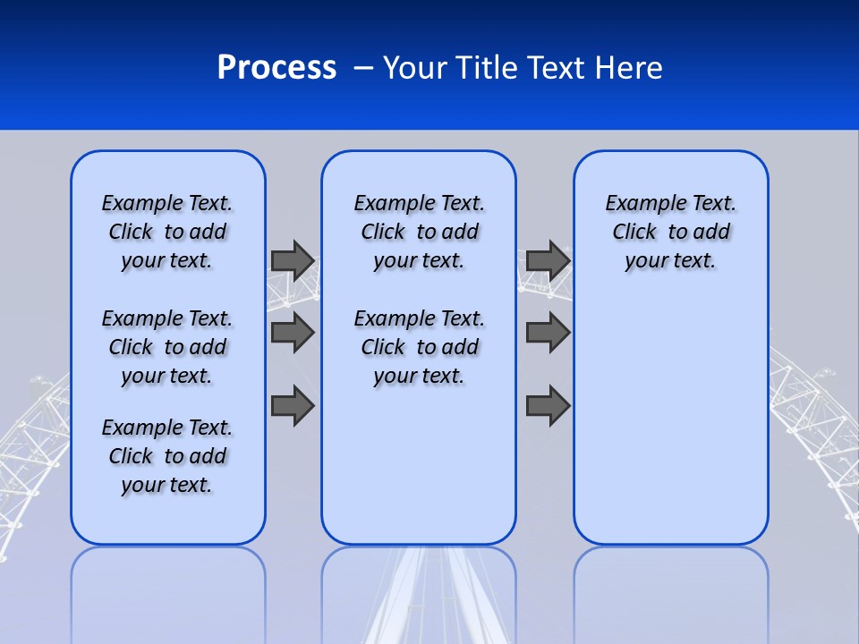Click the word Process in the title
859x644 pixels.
click(276, 68)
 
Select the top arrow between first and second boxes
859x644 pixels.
click(293, 260)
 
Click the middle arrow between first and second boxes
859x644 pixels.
click(293, 333)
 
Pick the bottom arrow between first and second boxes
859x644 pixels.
click(293, 406)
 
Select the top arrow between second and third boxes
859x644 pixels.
click(548, 260)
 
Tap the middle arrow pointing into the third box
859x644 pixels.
click(548, 333)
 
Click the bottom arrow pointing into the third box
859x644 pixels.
click(548, 406)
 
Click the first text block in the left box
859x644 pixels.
click(167, 232)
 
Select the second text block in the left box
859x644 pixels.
click(167, 347)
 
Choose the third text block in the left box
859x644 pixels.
click(167, 456)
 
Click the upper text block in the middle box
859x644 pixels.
click(420, 232)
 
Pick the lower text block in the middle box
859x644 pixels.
click(420, 347)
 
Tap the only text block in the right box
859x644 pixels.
click(671, 232)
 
